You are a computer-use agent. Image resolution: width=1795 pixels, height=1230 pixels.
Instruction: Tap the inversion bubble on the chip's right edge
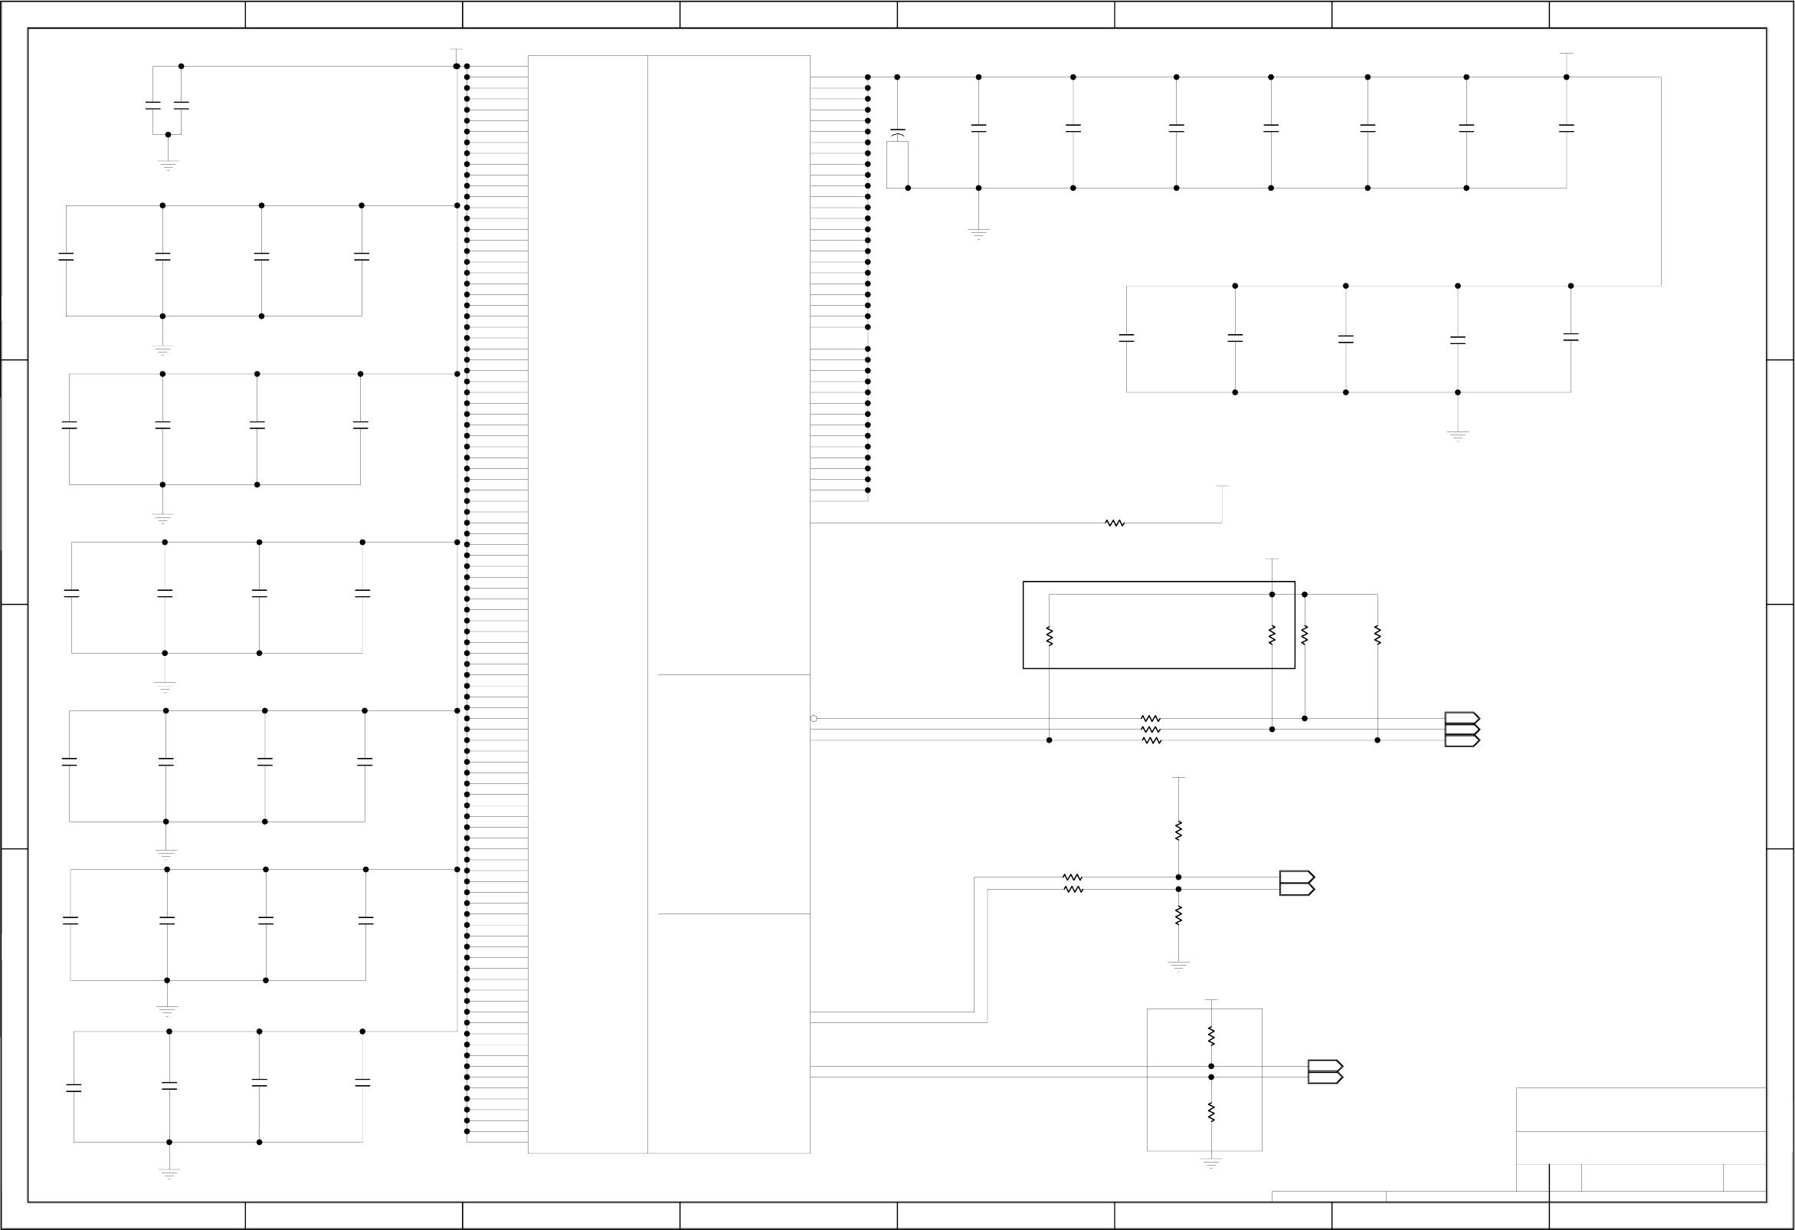point(814,719)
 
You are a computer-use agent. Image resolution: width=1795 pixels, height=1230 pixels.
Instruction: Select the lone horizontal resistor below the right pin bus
point(1115,523)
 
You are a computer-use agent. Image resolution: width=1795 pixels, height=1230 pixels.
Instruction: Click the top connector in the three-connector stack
point(1461,719)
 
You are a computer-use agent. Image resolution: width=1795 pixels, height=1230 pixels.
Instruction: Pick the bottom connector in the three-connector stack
point(1461,740)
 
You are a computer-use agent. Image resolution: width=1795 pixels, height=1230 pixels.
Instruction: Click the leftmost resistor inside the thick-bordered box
point(1049,636)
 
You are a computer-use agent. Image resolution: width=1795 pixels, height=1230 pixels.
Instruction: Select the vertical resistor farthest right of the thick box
point(1377,636)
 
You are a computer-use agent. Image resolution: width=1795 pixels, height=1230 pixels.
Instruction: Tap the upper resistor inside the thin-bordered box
point(1211,1036)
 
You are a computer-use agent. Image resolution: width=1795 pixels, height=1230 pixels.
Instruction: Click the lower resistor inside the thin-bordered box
point(1211,1112)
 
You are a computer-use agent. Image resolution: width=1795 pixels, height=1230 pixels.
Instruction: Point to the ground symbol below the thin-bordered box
point(1211,1163)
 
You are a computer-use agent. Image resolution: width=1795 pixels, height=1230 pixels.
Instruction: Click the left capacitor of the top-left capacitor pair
point(153,106)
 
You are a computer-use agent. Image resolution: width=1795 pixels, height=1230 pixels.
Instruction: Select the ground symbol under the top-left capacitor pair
point(168,165)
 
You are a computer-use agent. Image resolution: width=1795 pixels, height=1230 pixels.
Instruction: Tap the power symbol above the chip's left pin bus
point(457,51)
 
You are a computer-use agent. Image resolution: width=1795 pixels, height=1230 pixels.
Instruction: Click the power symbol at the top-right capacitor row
point(1567,54)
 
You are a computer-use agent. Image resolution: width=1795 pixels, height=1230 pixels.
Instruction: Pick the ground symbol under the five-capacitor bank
point(1457,435)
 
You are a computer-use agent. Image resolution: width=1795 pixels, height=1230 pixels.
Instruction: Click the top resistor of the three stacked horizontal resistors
point(1151,719)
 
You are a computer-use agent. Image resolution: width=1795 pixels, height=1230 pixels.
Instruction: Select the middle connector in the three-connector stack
point(1461,730)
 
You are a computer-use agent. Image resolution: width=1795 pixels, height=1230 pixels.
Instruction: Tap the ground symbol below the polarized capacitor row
point(978,232)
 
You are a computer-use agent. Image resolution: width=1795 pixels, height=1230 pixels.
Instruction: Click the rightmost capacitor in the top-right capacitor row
point(1567,128)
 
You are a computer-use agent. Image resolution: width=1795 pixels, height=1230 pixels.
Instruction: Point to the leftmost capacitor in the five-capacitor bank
point(1126,338)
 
